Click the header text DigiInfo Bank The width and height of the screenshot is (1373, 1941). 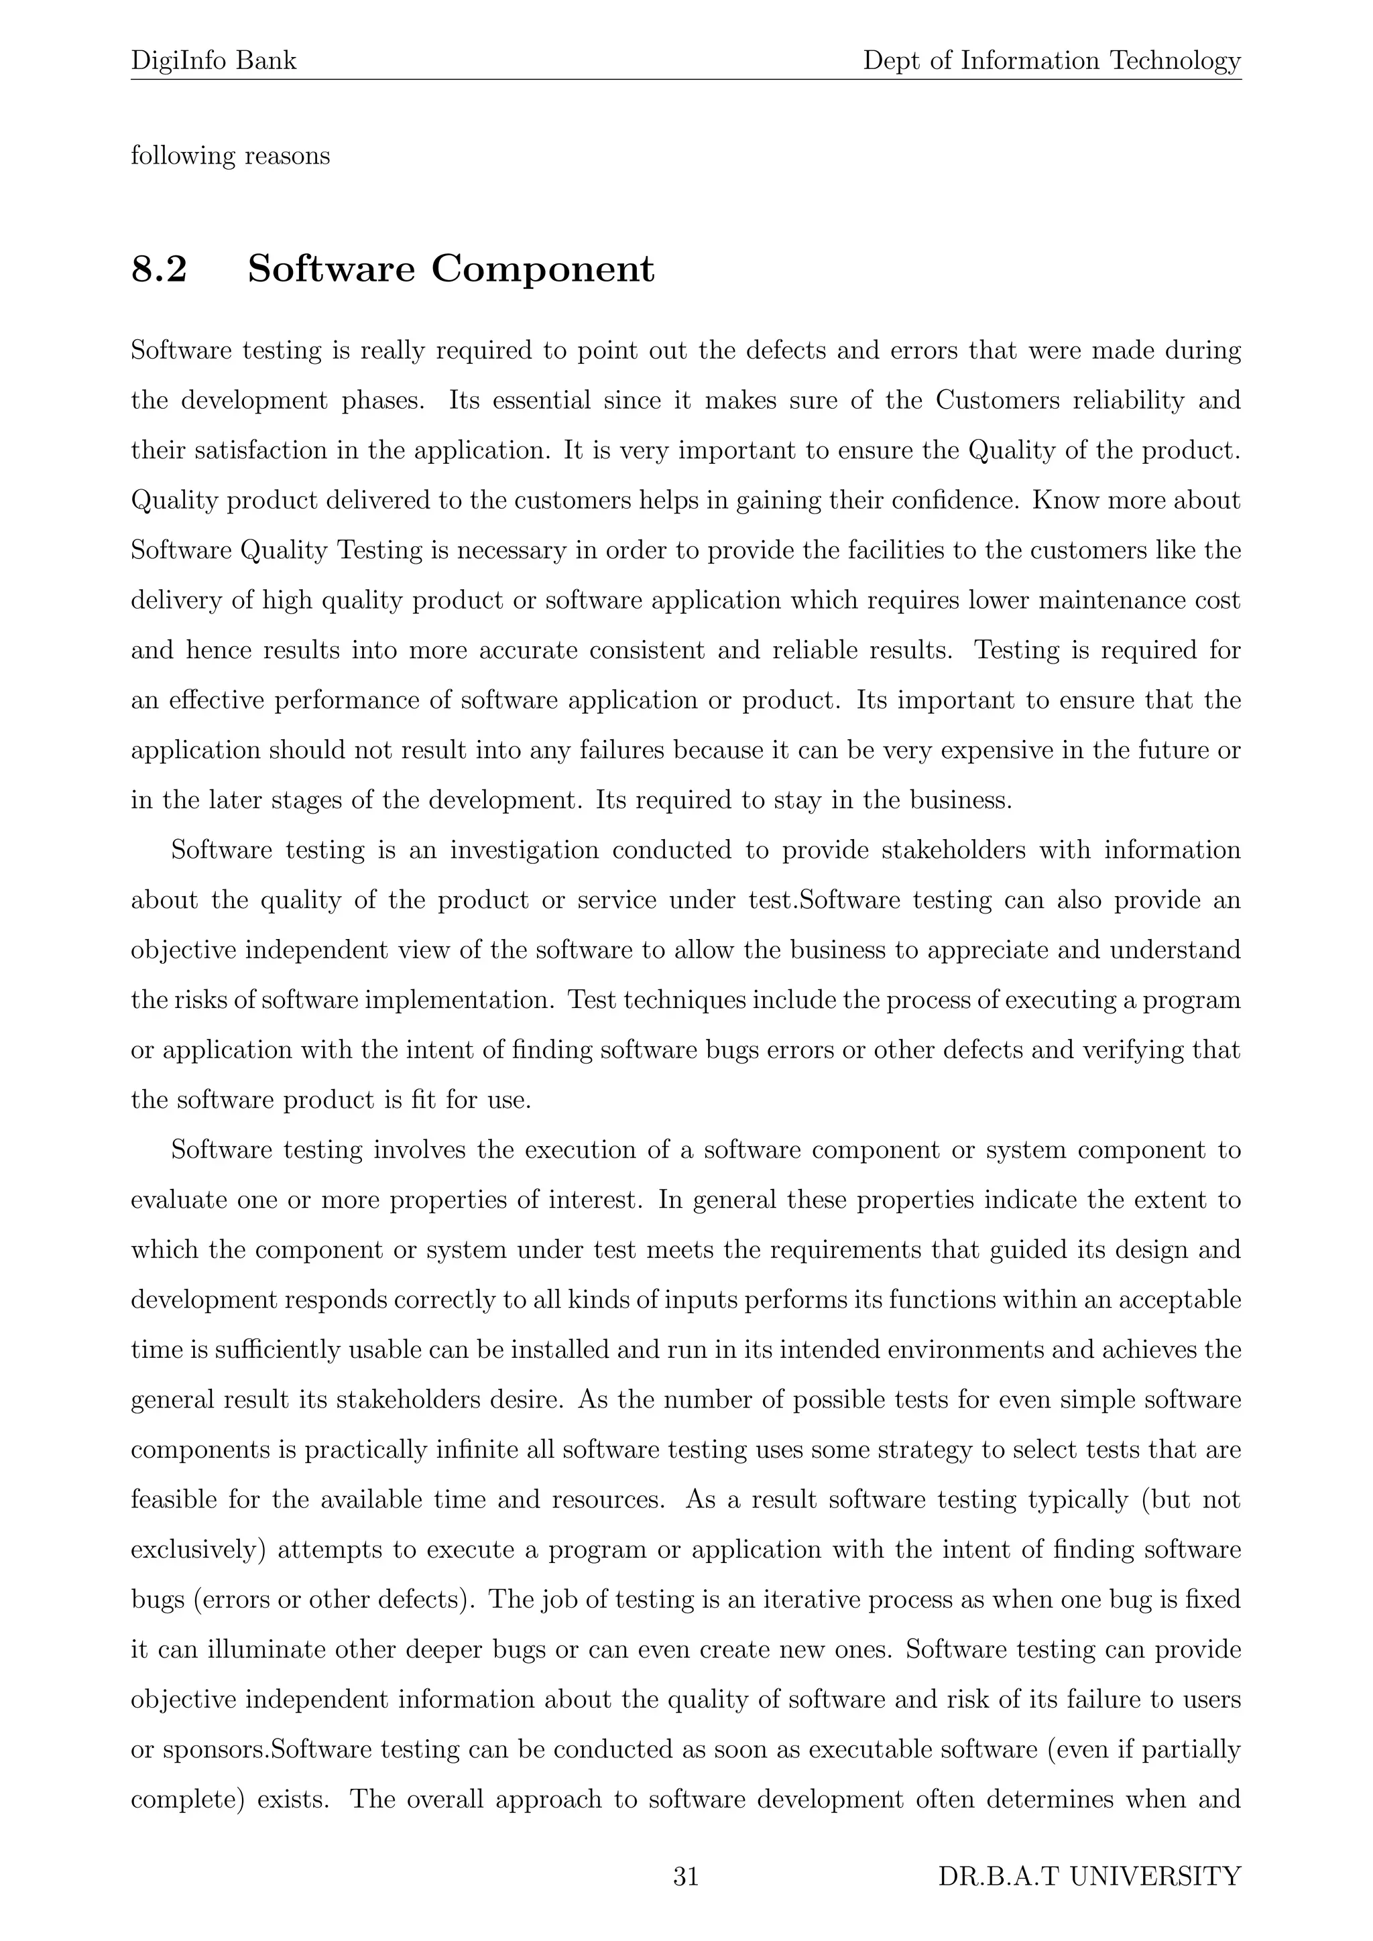pos(214,61)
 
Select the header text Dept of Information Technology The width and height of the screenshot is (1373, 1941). pos(1052,61)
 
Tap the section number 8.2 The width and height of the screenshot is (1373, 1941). pos(159,269)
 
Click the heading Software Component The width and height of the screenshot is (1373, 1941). pos(451,269)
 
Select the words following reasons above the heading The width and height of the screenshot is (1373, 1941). pos(230,156)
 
